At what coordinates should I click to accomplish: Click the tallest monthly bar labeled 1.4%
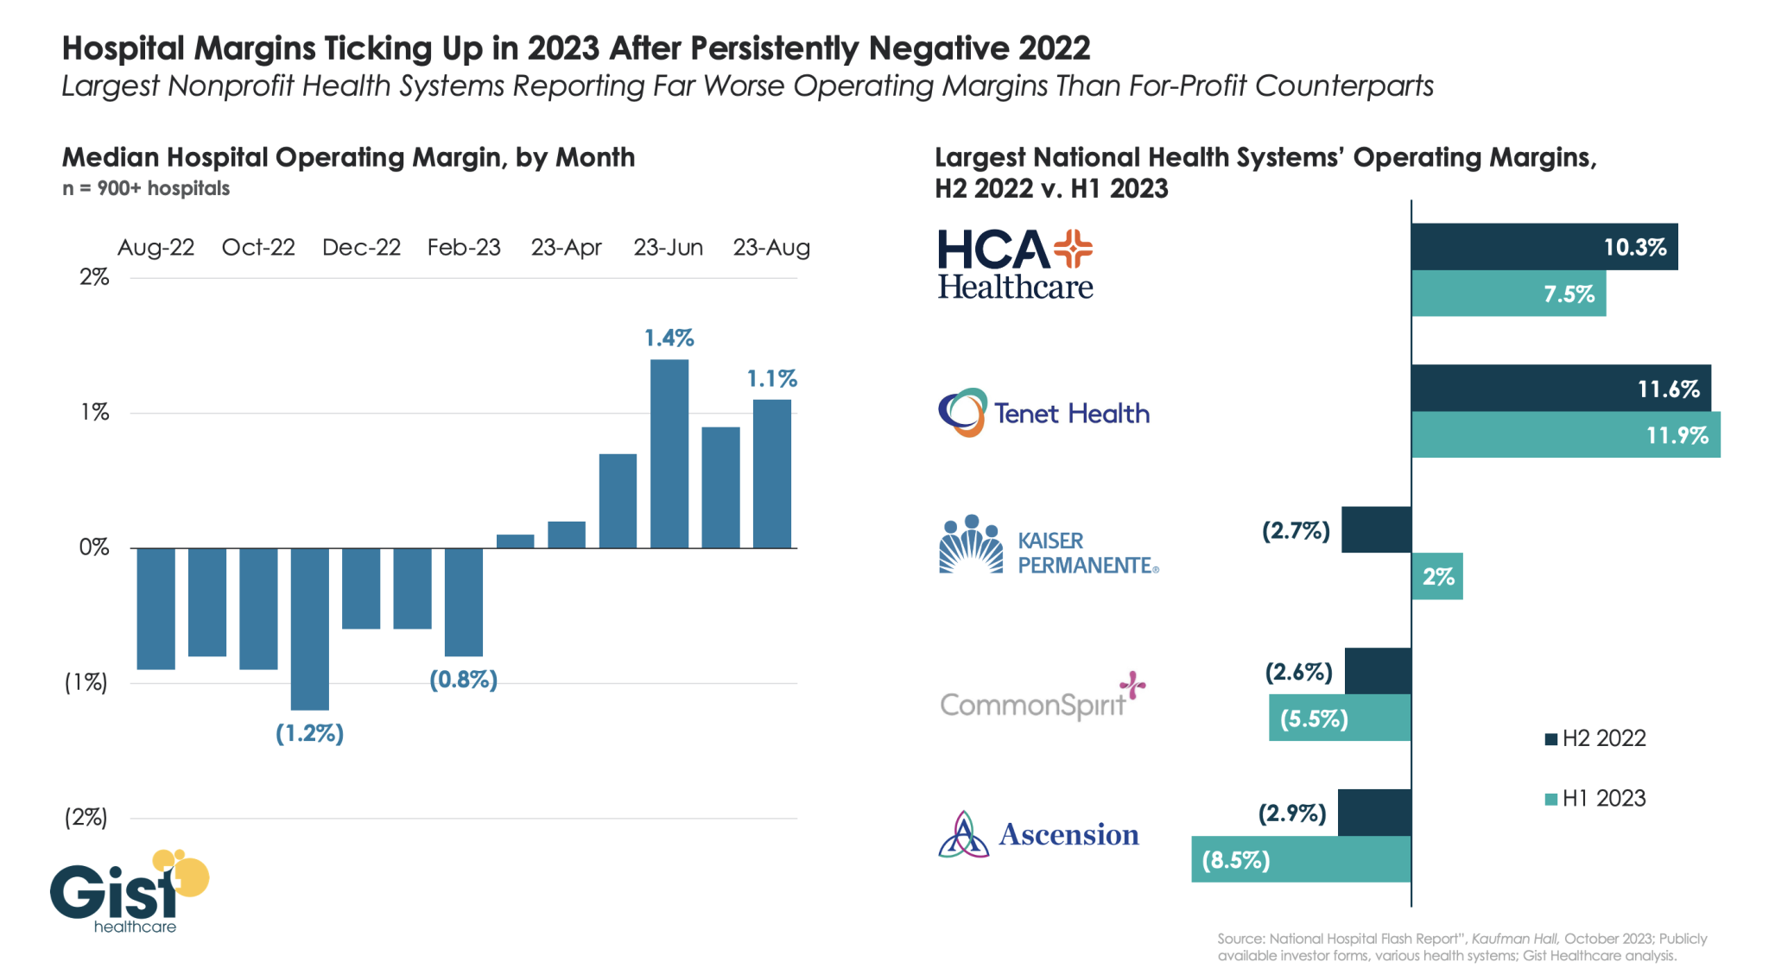point(669,453)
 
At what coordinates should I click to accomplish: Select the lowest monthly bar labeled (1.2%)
point(309,629)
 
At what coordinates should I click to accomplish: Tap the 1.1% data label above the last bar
point(771,379)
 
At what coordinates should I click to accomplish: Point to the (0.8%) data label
point(464,680)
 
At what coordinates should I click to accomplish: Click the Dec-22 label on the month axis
point(361,248)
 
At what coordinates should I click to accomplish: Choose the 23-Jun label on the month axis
point(668,248)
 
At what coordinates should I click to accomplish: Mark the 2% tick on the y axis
point(94,277)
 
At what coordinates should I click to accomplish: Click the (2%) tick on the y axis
point(86,818)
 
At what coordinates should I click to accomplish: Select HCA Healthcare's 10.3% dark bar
point(1544,247)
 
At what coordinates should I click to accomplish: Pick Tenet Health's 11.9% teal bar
point(1565,435)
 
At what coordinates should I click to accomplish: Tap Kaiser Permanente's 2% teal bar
point(1437,577)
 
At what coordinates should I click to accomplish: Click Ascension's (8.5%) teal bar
point(1301,860)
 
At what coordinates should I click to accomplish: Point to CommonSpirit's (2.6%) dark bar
point(1378,671)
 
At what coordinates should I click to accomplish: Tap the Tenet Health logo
point(1043,413)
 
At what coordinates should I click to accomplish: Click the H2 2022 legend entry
point(1595,738)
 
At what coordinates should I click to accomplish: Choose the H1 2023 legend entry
point(1595,799)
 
